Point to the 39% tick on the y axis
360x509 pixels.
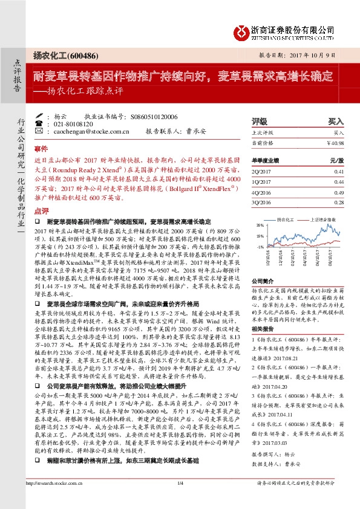pos(260,225)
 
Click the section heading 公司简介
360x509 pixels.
pos(263,282)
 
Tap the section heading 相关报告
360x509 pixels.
pos(263,329)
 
